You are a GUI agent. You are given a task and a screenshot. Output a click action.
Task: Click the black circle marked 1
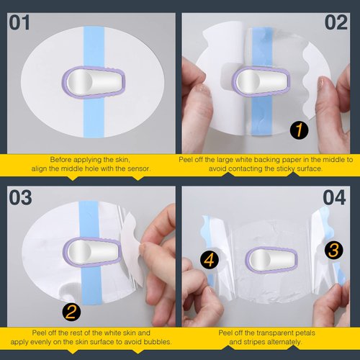pyautogui.click(x=295, y=130)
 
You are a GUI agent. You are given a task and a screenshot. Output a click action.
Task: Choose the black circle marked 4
pyautogui.click(x=206, y=258)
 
